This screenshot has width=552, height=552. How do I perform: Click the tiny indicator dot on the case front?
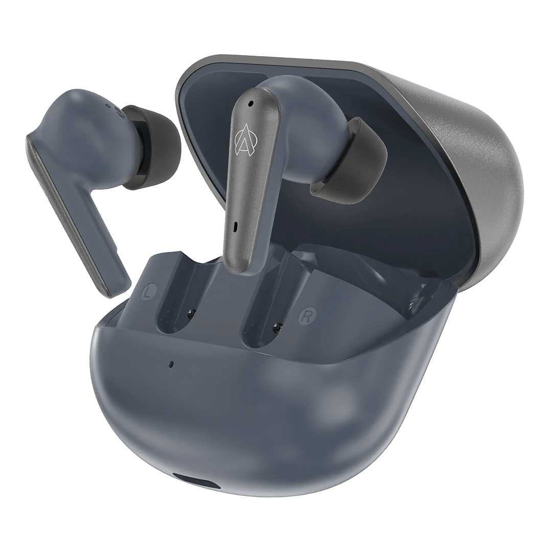(x=171, y=364)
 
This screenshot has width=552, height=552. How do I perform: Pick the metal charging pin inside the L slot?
(x=191, y=313)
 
